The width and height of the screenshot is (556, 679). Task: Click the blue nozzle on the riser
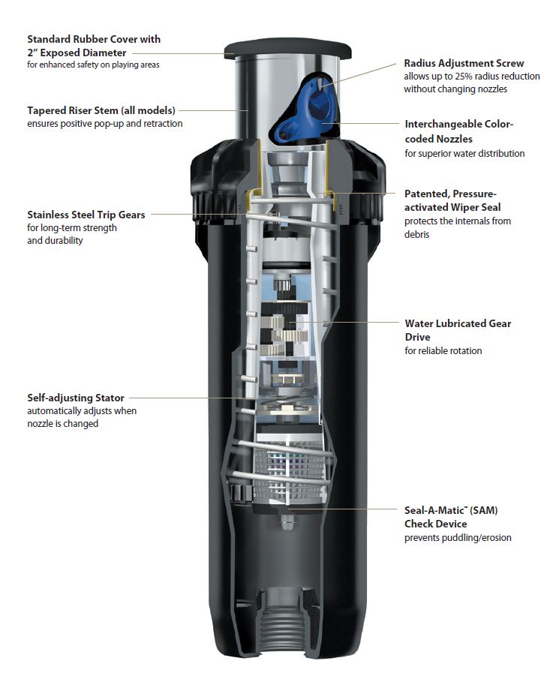[x=312, y=113]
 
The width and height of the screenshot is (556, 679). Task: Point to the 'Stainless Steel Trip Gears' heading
[x=86, y=215]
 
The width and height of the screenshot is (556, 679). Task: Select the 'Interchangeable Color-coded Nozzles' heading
[x=458, y=131]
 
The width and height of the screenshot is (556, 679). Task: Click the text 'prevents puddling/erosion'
[x=458, y=538]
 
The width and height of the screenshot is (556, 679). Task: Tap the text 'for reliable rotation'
[x=443, y=350]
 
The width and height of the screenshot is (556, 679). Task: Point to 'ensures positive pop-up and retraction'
[x=104, y=124]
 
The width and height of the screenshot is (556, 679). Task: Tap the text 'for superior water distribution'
[x=464, y=154]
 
